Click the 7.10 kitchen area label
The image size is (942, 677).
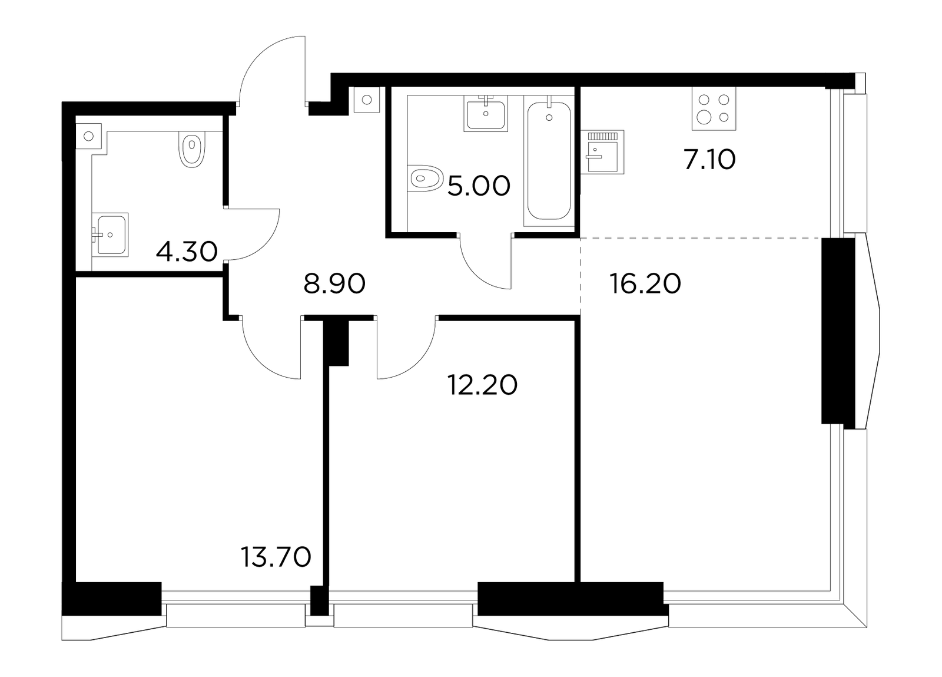(x=709, y=160)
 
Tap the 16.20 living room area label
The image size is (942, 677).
(x=645, y=283)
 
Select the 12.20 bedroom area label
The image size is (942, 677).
(x=482, y=385)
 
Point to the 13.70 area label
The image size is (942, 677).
(x=276, y=557)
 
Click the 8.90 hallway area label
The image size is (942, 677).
(x=334, y=283)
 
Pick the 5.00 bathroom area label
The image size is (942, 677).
(x=479, y=186)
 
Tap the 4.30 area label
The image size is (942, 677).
(x=187, y=252)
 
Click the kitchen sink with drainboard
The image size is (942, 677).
(x=602, y=152)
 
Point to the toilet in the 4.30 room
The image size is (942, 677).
(x=192, y=150)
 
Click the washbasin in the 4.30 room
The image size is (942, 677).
(x=110, y=235)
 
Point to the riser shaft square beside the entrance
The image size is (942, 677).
(x=367, y=100)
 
